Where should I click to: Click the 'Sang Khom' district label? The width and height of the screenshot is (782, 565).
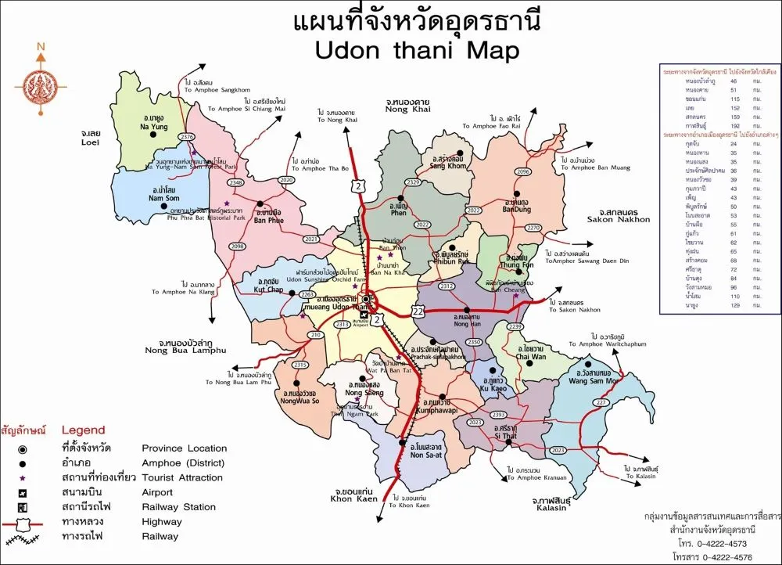(448, 166)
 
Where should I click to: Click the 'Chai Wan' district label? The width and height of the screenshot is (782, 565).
(532, 357)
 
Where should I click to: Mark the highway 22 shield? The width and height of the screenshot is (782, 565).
(418, 311)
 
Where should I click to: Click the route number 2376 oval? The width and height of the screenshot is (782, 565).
(186, 137)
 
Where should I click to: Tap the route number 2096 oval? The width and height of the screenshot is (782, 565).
(524, 171)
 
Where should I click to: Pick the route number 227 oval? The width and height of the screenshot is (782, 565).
(601, 403)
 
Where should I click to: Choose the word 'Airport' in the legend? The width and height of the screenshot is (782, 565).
(158, 492)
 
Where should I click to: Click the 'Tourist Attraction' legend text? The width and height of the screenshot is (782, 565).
(182, 477)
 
